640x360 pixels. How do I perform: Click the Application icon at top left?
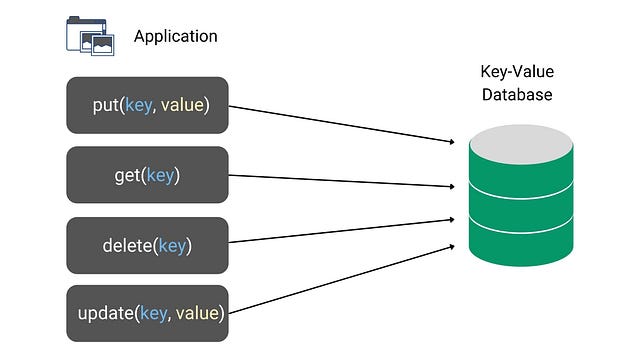pos(89,35)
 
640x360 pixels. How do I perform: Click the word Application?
pos(175,36)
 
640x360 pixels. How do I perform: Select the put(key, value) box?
pos(147,105)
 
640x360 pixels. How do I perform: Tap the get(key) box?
pos(147,175)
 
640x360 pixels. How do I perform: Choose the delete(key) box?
pos(147,245)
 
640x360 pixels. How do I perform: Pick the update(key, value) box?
pos(147,314)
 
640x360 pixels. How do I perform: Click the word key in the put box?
pos(140,105)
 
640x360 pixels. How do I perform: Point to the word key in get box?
pos(160,176)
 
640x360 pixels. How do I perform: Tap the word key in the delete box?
pos(171,245)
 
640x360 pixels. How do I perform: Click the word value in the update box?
pos(197,314)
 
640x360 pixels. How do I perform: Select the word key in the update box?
pos(154,314)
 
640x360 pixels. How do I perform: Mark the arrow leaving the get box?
pos(340,181)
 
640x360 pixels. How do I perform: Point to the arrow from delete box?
pos(340,231)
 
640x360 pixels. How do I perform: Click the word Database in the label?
pos(517,94)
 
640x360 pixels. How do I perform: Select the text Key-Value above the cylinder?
pos(517,73)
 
